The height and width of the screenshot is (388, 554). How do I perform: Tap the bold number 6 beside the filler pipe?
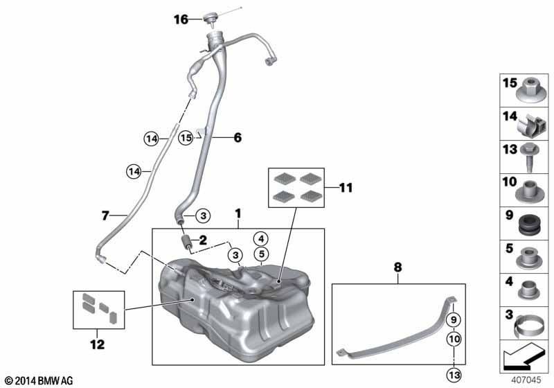(238, 137)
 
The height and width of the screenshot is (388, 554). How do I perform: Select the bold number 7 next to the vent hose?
(105, 215)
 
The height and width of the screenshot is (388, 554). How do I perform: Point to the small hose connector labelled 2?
(186, 242)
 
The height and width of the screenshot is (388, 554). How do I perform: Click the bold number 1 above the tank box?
(238, 214)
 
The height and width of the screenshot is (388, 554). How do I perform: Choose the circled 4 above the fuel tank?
(261, 239)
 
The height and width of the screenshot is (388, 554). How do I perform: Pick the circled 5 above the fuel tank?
(262, 254)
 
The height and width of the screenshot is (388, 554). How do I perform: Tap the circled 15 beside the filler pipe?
(186, 137)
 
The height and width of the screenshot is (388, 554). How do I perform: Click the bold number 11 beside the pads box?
(346, 188)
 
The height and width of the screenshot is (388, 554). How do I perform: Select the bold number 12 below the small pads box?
(98, 344)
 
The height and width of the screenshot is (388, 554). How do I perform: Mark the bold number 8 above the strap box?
(397, 267)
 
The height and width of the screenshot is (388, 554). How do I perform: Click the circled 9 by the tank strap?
(454, 320)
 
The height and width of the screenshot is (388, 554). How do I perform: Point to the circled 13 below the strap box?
(454, 375)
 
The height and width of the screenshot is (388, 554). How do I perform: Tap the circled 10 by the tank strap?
(454, 339)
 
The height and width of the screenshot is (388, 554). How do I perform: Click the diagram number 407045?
(526, 380)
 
